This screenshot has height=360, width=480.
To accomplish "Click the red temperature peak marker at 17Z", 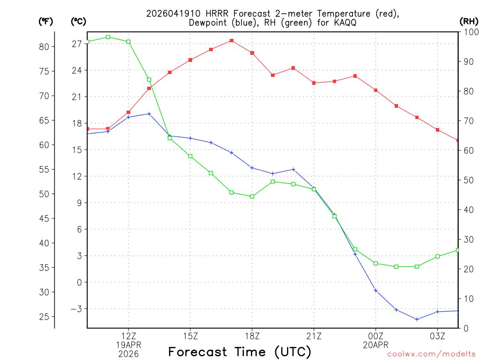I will pyautogui.click(x=232, y=41).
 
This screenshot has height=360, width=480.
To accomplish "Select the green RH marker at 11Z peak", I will pyautogui.click(x=108, y=37).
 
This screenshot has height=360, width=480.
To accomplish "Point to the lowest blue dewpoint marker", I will pyautogui.click(x=417, y=319).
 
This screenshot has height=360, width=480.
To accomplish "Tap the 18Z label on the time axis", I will pyautogui.click(x=252, y=336).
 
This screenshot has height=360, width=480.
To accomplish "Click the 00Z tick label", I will pyautogui.click(x=375, y=336).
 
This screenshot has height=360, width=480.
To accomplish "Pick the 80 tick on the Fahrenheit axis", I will pyautogui.click(x=45, y=46).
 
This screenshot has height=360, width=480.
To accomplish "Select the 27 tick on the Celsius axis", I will pyautogui.click(x=77, y=44).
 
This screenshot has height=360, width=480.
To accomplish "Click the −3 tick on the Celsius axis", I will pyautogui.click(x=75, y=309).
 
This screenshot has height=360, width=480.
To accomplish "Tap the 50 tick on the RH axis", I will pyautogui.click(x=468, y=180).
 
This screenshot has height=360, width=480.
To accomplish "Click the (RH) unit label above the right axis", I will pyautogui.click(x=469, y=21).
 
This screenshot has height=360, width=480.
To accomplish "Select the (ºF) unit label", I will pyautogui.click(x=45, y=21).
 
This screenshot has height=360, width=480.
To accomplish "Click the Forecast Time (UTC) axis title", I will pyautogui.click(x=240, y=352).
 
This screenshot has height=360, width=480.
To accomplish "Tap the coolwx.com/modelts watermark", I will pyautogui.click(x=431, y=354).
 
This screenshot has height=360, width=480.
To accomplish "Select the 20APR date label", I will pyautogui.click(x=375, y=345).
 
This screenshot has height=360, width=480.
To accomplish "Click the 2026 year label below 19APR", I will pyautogui.click(x=128, y=353).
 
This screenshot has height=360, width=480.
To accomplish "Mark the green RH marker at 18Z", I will pyautogui.click(x=252, y=196).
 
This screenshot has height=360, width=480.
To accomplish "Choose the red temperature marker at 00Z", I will pyautogui.click(x=375, y=90).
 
